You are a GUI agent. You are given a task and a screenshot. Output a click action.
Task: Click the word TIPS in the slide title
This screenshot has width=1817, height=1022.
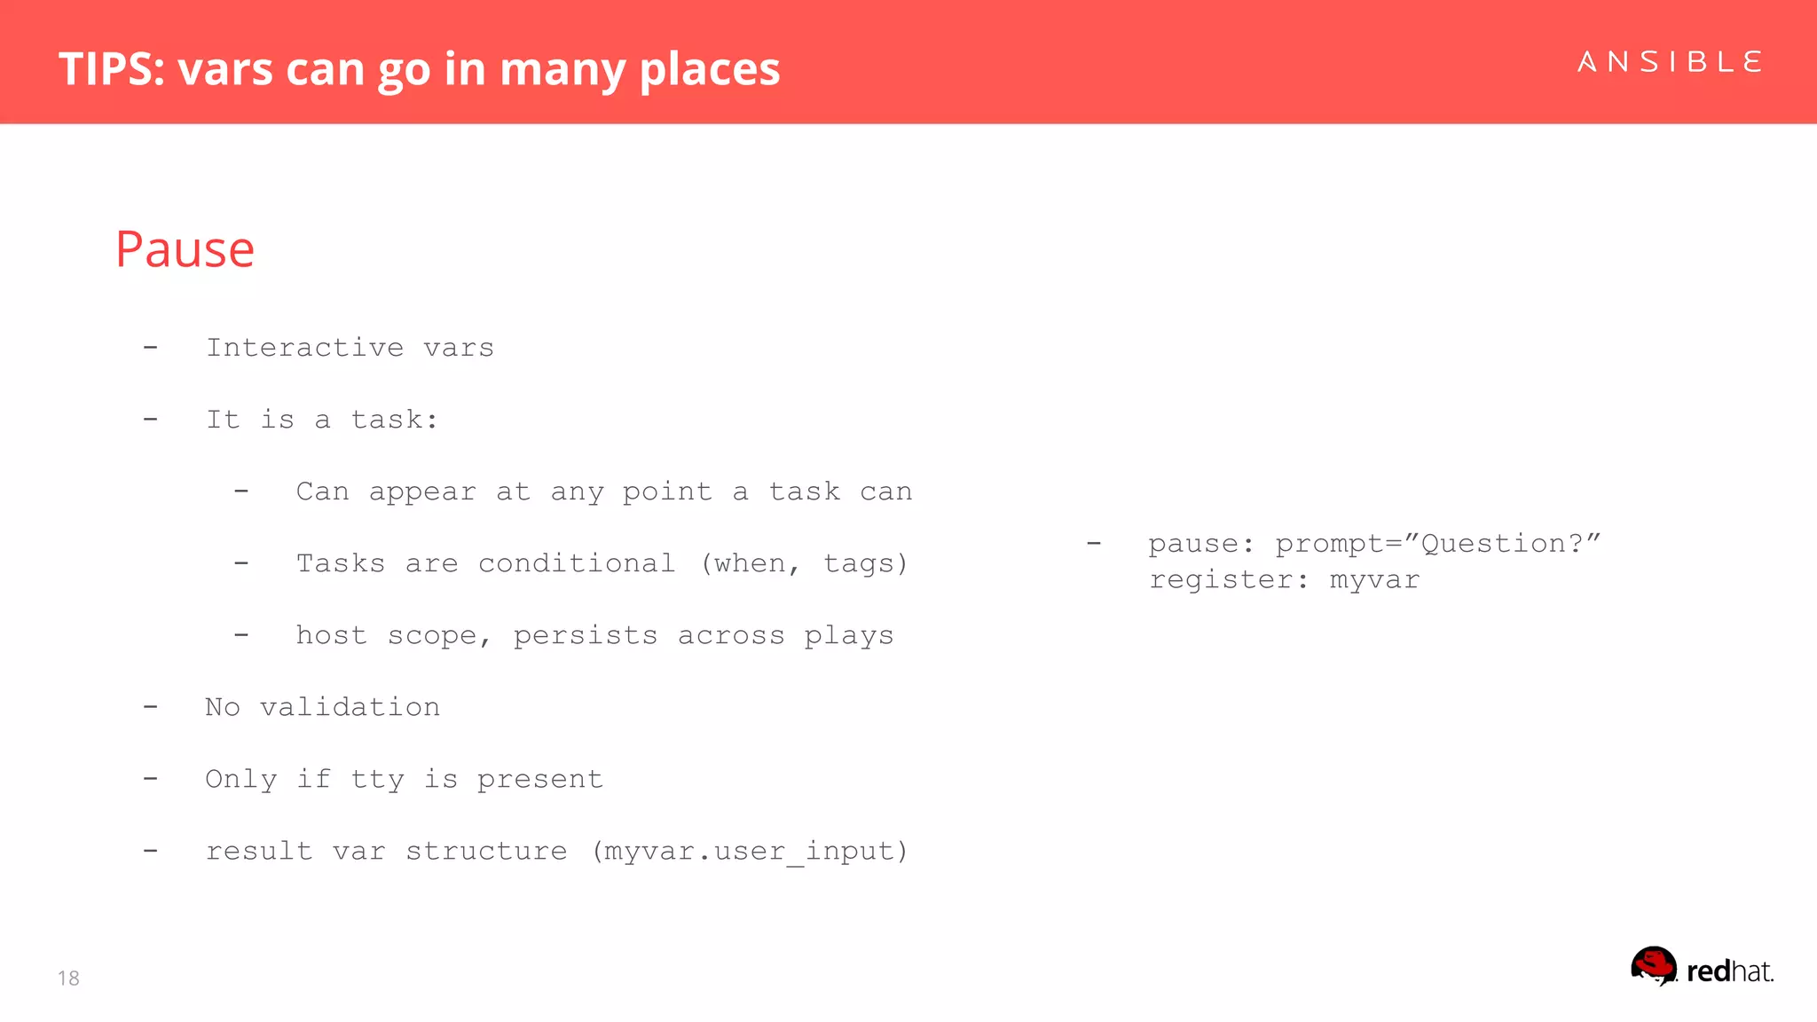coord(111,68)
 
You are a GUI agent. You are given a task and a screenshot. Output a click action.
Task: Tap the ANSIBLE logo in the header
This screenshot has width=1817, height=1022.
coord(1670,62)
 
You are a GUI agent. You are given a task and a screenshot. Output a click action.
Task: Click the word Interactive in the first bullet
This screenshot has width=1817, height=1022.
coord(304,347)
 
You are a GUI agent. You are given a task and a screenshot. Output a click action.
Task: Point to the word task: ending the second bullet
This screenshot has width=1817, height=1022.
coord(395,419)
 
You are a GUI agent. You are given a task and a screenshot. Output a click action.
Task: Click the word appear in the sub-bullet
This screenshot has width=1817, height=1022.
coord(422,491)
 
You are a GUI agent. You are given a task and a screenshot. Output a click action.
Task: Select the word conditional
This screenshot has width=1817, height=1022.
coord(577,563)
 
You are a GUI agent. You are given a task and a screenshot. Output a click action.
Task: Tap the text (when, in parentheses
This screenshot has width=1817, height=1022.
coord(751,563)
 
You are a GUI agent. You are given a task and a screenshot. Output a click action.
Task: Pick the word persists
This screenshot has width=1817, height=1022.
coord(586,635)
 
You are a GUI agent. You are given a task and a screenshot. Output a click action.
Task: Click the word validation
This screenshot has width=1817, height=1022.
coord(350,707)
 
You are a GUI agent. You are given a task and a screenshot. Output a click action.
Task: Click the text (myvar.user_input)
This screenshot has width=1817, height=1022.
coord(751,851)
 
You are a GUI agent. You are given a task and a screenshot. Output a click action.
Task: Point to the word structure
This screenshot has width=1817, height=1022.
coord(486,851)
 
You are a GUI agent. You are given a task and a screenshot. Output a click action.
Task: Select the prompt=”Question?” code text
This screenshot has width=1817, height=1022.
coord(1437,543)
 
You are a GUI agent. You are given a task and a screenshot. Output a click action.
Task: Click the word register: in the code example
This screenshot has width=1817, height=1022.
coord(1229,579)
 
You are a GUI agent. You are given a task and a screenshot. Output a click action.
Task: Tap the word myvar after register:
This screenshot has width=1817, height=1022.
coord(1374,579)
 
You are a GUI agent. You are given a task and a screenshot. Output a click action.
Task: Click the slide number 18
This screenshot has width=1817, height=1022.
coord(68,978)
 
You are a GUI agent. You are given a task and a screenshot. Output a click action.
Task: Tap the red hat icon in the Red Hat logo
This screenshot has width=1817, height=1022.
coord(1654,965)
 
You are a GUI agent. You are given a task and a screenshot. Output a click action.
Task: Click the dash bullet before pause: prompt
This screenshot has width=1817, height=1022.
coord(1094,543)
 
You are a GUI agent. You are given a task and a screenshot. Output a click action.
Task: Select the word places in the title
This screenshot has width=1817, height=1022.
coord(709,68)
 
